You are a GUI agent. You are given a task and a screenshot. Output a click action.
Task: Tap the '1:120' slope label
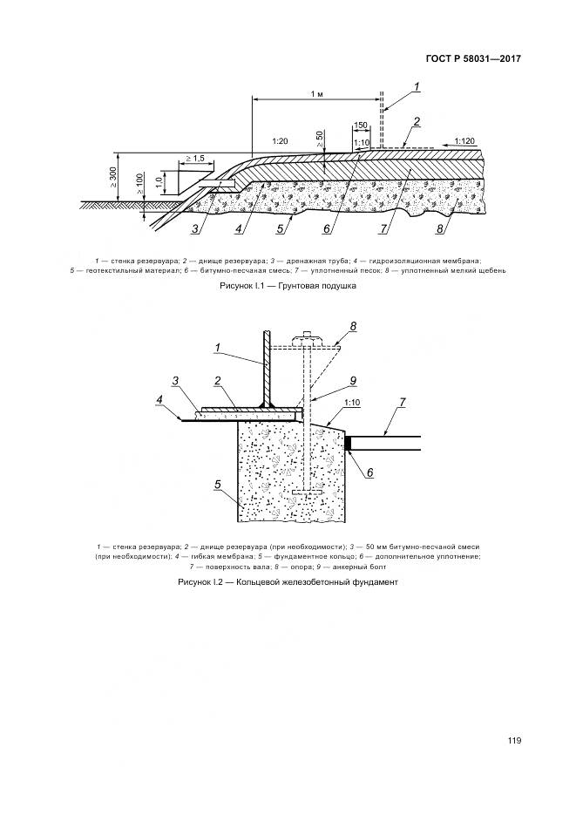464,139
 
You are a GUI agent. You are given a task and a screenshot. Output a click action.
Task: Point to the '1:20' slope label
280,139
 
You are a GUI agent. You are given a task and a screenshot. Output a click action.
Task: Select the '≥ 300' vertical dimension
113,178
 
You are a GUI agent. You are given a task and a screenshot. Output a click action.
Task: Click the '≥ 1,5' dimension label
194,158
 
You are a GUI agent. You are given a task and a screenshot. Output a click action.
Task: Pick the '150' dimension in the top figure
361,126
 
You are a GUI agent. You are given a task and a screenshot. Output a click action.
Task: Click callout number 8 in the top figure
440,231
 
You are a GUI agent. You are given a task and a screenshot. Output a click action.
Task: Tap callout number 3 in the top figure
197,230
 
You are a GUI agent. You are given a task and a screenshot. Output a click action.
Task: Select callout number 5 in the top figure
280,231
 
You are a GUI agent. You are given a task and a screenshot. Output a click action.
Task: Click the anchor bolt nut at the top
306,336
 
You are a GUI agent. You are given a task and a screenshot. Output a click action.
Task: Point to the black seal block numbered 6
348,444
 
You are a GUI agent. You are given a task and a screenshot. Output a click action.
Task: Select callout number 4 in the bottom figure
159,400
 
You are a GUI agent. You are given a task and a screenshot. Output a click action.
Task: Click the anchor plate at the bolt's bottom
306,494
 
